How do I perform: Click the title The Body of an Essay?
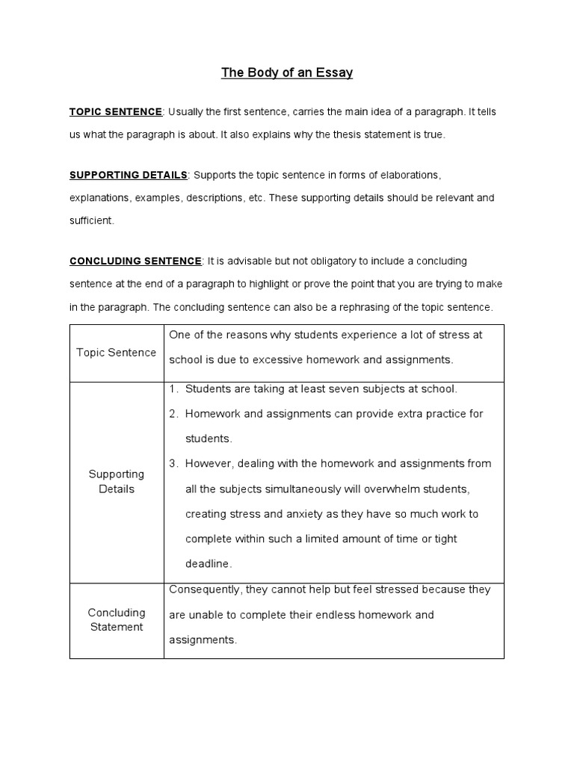point(287,73)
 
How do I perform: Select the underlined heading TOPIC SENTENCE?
point(116,112)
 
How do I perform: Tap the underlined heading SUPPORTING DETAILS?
point(129,175)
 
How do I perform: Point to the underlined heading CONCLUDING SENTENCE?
point(135,261)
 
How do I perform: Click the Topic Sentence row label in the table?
point(117,353)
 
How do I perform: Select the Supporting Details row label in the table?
point(117,481)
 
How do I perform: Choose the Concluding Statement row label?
point(117,620)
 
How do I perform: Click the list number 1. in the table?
point(173,388)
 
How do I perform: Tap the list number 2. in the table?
point(173,414)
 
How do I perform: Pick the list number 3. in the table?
point(173,463)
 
